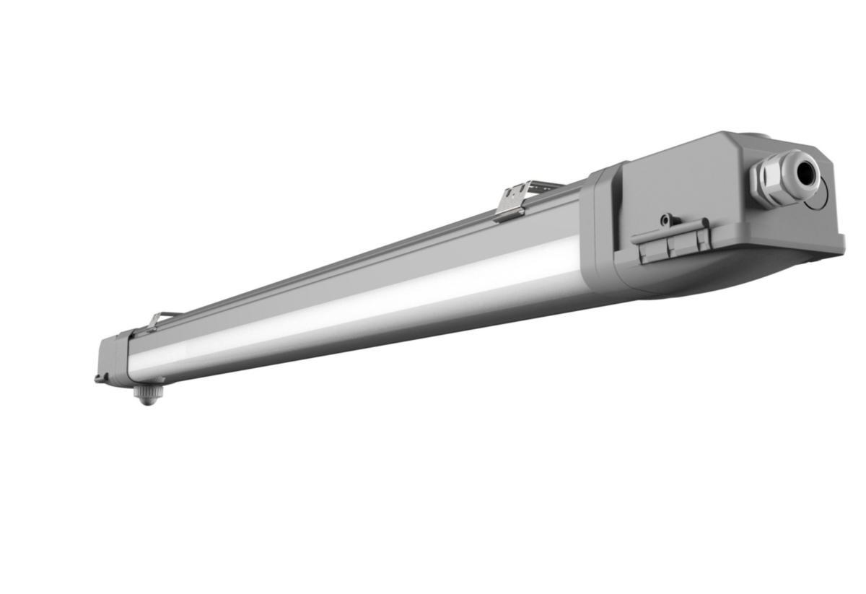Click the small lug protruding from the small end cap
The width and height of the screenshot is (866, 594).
coord(98,377)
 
